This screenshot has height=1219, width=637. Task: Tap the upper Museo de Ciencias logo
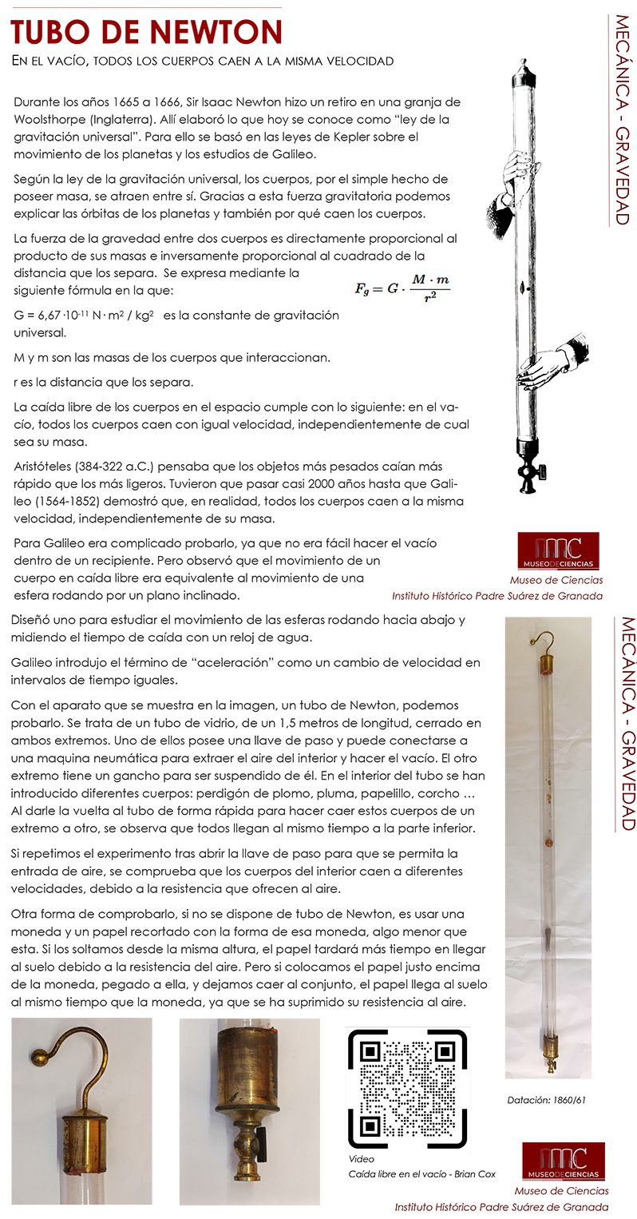click(x=558, y=550)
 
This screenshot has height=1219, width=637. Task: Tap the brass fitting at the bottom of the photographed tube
click(x=550, y=1046)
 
